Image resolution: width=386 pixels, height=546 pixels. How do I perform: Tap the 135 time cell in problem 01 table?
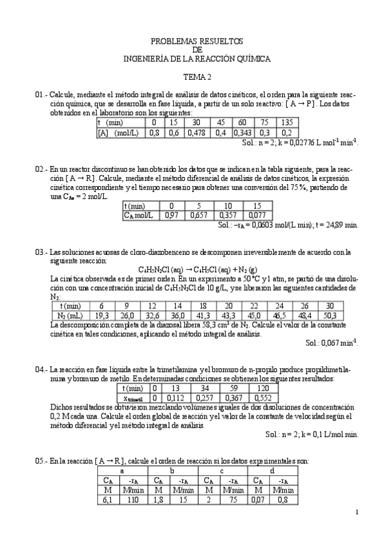(x=287, y=122)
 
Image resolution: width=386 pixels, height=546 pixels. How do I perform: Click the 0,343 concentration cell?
(x=242, y=133)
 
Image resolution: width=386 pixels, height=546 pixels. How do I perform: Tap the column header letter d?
(x=273, y=471)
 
